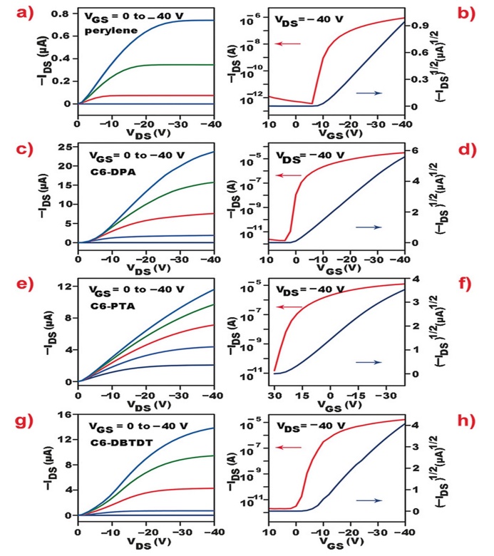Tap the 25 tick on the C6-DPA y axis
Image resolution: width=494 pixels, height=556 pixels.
64,148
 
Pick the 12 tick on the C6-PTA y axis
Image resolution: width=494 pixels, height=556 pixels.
64,287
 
